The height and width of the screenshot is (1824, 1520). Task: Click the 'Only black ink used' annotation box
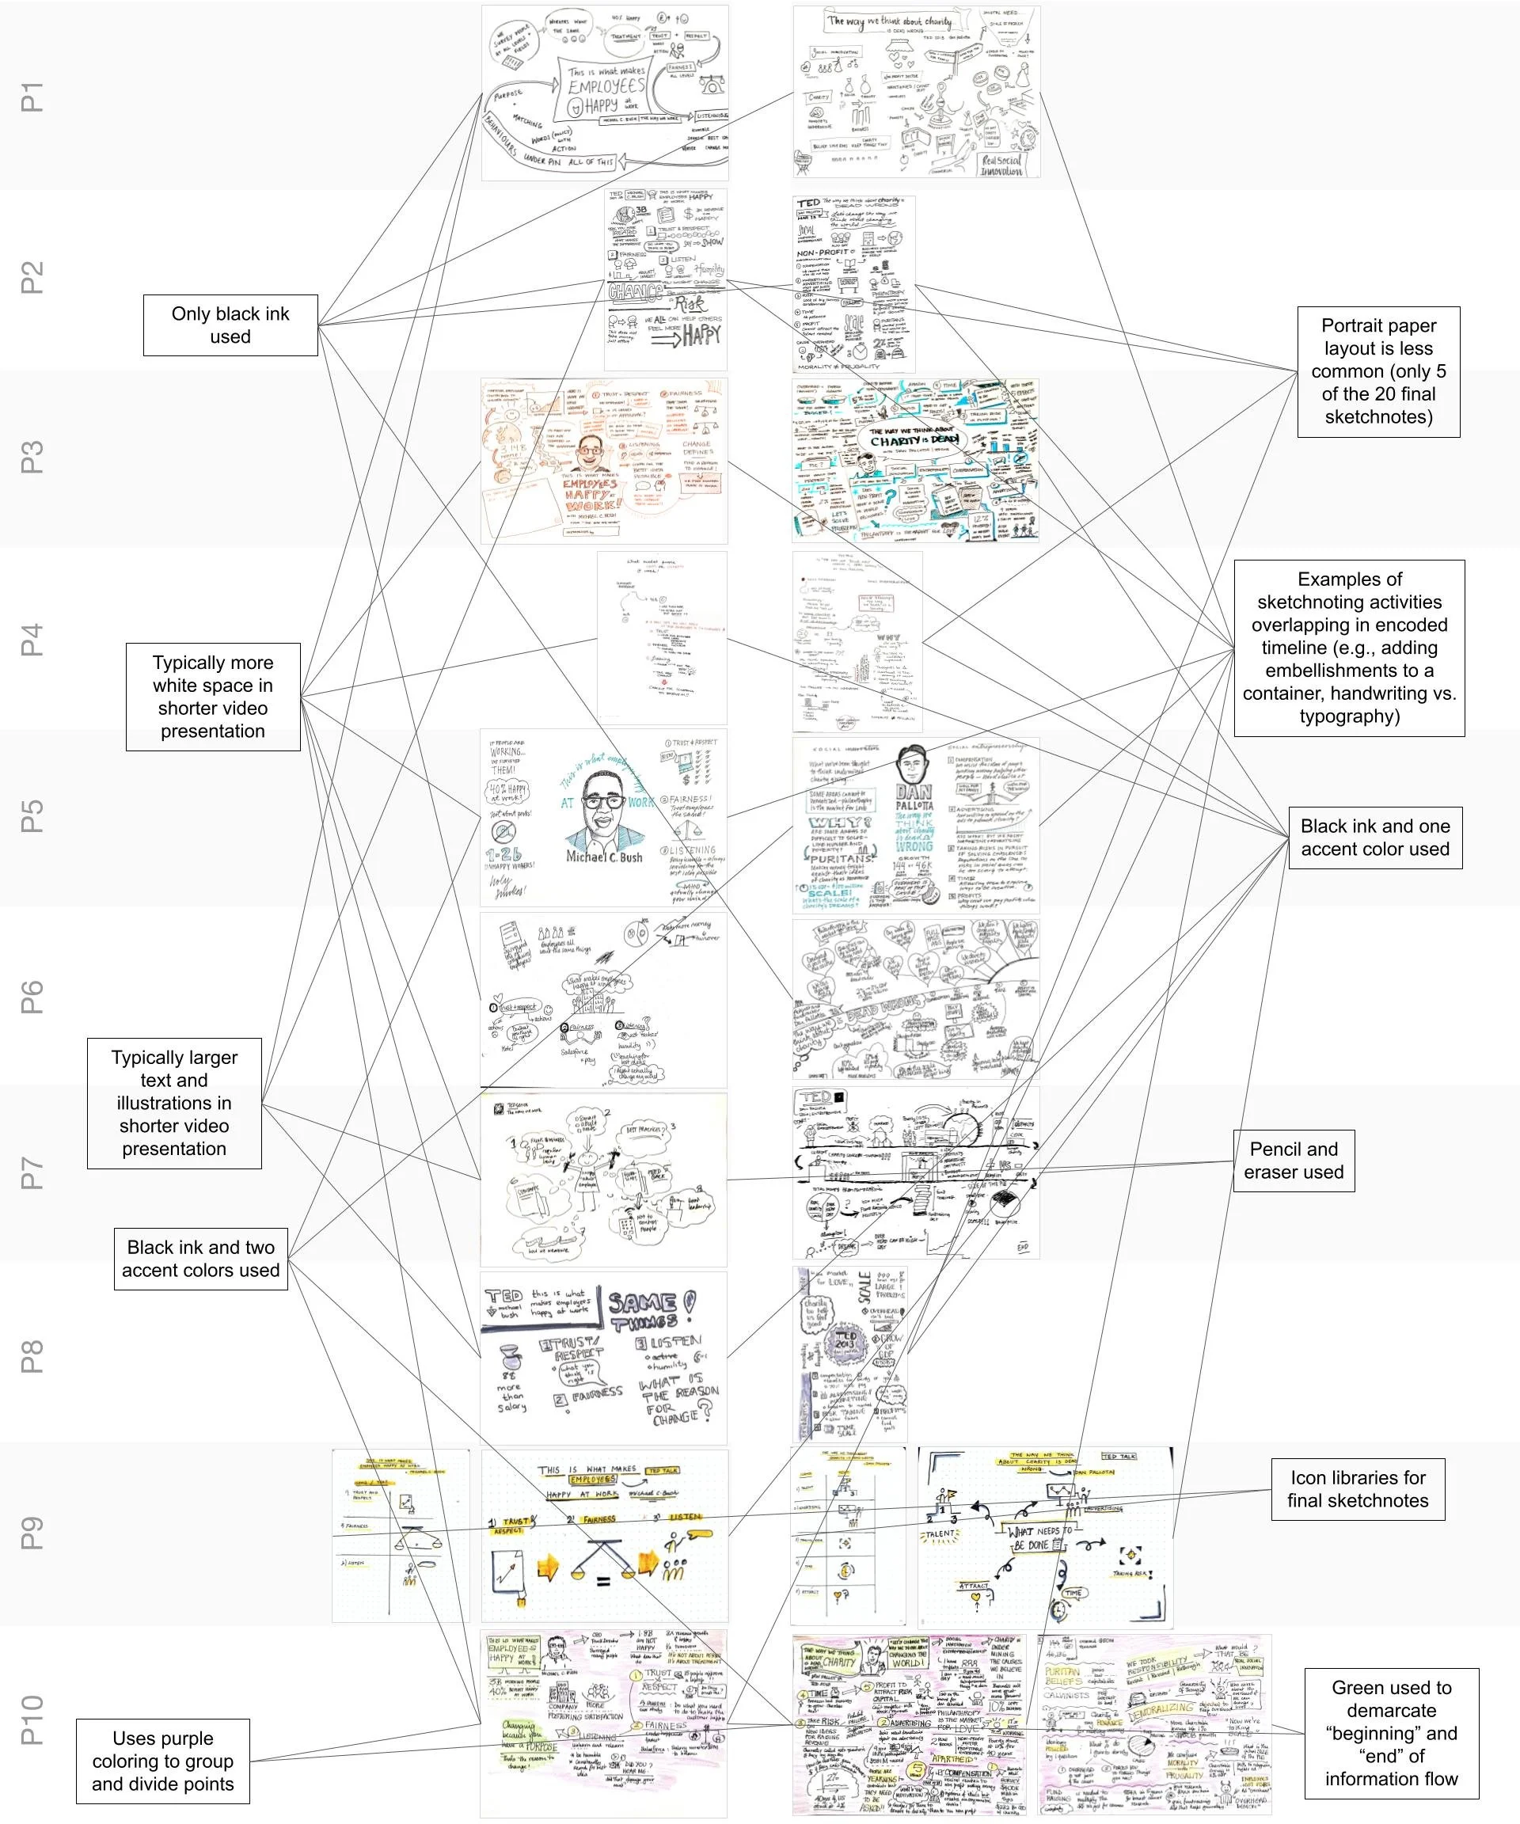[x=230, y=325]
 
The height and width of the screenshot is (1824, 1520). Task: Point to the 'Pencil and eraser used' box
[x=1294, y=1161]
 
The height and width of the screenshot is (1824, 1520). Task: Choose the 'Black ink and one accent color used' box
[x=1374, y=838]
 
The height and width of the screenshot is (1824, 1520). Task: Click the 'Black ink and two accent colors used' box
[x=200, y=1259]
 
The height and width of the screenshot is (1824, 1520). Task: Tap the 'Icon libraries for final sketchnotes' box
[x=1357, y=1489]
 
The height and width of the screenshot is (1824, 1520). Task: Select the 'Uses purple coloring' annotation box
[x=162, y=1761]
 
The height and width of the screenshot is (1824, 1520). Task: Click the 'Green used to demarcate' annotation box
[x=1391, y=1733]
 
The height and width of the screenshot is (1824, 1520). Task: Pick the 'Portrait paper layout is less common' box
[x=1378, y=370]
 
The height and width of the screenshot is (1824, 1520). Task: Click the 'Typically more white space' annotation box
[x=213, y=697]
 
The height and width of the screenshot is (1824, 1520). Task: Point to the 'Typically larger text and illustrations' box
[x=173, y=1103]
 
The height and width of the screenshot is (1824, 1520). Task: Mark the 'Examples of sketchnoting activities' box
[x=1349, y=648]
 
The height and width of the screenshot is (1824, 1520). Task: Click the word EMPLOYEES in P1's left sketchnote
[x=606, y=86]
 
